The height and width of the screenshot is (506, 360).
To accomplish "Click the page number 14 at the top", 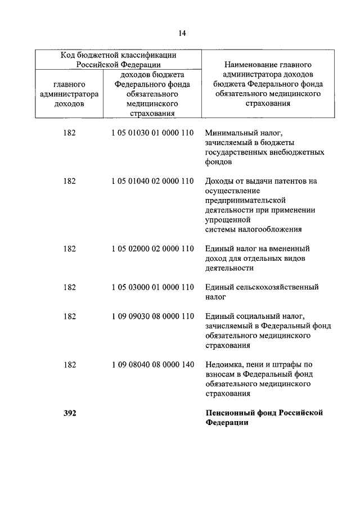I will pos(182,33).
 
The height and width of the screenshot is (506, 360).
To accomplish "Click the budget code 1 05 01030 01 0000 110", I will pos(152,133).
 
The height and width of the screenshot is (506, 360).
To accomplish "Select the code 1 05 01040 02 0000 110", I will pos(152,181).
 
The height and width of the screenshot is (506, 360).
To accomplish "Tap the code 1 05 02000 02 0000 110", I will pos(152,249).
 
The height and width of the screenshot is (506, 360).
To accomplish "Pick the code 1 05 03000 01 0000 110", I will pos(152,287).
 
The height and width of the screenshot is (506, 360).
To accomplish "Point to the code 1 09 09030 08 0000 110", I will pos(152,316).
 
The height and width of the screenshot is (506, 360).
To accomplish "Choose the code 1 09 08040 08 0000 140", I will pos(152,365).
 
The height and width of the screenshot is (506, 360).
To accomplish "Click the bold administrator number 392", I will pos(70,413).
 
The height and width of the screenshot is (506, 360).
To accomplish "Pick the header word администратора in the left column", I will pos(70,94).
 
